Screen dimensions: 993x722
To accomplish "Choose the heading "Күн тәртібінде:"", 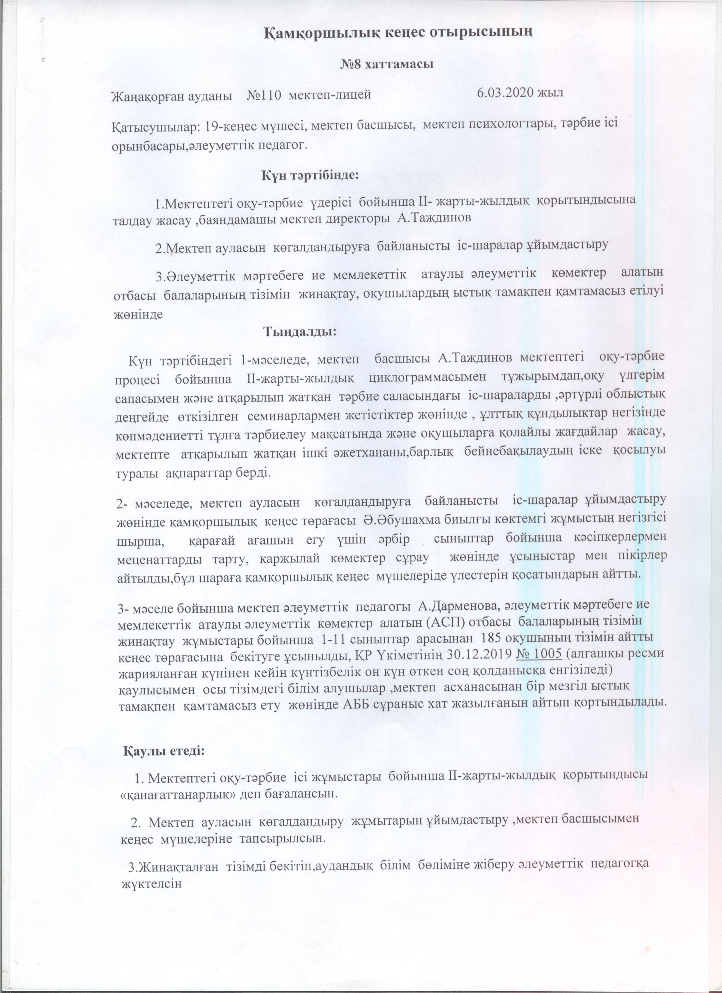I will tap(310, 176).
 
